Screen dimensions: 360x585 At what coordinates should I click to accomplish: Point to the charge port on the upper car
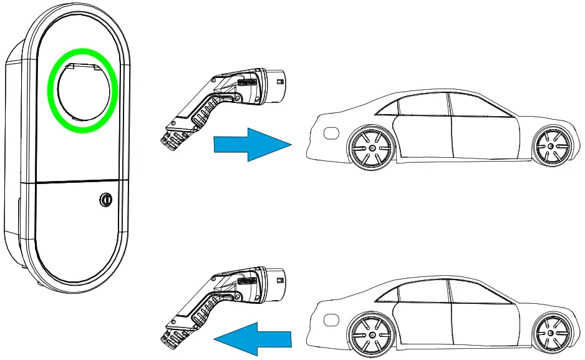(x=331, y=132)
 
